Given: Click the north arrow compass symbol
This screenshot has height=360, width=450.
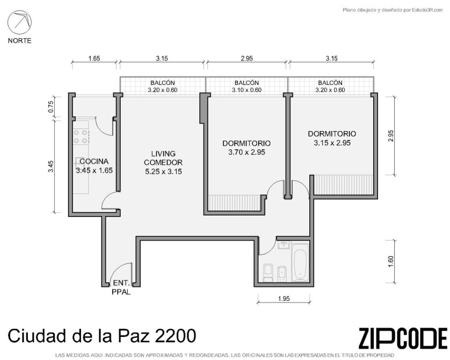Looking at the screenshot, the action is [19, 22].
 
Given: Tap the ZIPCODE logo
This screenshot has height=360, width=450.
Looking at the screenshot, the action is [403, 338].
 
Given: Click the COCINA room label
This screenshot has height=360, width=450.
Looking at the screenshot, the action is [94, 161].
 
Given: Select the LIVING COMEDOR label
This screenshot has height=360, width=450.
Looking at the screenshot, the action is [163, 158].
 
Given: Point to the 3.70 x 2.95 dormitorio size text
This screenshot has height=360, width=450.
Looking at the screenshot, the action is [246, 152].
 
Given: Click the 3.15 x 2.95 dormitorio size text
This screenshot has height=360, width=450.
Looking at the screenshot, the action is [332, 143].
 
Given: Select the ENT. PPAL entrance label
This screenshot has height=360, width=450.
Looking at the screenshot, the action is [121, 287].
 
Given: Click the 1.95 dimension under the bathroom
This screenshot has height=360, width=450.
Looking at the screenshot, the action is [284, 299].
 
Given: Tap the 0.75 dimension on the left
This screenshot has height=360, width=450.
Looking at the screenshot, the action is [51, 107].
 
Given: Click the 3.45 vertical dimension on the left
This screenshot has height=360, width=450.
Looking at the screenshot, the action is [51, 167].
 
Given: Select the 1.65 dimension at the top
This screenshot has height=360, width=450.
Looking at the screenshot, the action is [94, 59].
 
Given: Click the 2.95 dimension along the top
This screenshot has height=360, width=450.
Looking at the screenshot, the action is [247, 59].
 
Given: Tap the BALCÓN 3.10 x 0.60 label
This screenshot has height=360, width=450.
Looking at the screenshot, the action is [247, 86].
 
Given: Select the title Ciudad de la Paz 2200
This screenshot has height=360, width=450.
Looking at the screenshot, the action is [102, 336].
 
